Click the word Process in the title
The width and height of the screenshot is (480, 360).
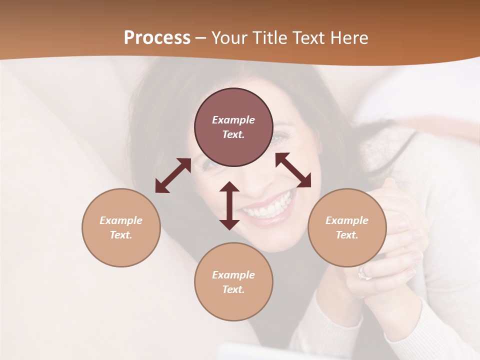click(x=157, y=38)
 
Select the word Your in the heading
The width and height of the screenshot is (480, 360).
click(x=228, y=38)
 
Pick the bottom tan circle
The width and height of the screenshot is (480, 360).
click(x=233, y=305)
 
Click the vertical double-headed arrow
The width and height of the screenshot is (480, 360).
click(x=229, y=205)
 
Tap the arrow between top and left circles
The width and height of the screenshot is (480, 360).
click(x=173, y=175)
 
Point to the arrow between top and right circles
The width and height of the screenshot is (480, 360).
click(x=293, y=170)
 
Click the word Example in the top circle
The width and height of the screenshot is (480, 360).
click(x=233, y=120)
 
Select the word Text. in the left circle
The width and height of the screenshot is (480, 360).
click(x=121, y=235)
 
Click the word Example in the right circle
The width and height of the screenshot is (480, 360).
click(x=347, y=220)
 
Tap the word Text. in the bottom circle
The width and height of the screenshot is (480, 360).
click(x=233, y=289)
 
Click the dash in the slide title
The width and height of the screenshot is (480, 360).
click(x=201, y=38)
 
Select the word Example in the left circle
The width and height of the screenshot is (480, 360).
click(x=121, y=220)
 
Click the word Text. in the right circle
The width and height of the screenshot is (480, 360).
click(x=347, y=235)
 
